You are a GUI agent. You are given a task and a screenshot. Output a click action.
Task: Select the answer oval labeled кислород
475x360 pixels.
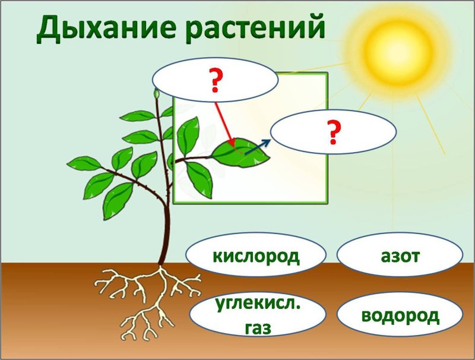(x=256, y=256)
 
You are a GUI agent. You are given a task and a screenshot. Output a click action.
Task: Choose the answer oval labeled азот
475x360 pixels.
(x=400, y=256)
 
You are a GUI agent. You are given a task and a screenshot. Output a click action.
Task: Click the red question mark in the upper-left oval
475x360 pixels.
(x=215, y=80)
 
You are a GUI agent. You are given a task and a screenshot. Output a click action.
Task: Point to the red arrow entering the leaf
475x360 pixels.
(x=224, y=122)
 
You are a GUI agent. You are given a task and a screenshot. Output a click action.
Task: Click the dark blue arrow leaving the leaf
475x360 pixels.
(x=257, y=147)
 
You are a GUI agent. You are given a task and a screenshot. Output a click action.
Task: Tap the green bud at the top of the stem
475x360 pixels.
(x=157, y=94)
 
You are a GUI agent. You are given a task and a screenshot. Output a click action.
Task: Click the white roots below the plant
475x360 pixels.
(x=151, y=297)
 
